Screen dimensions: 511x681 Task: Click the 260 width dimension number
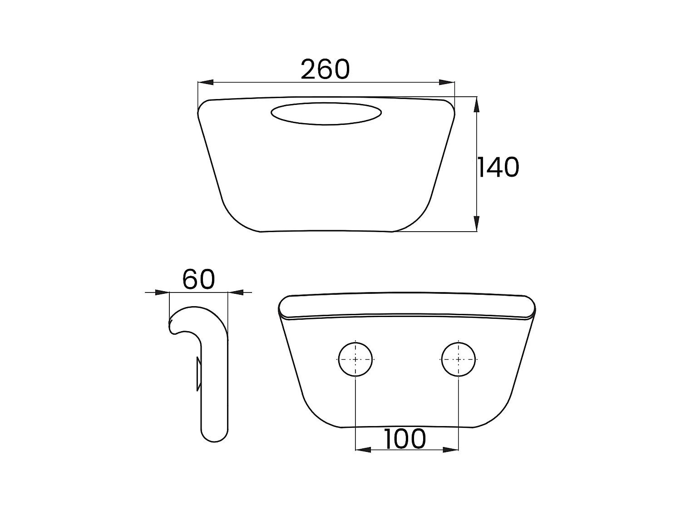coord(325,69)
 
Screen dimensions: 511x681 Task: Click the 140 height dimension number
coord(498,167)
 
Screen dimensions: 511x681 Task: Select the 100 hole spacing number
coord(405,439)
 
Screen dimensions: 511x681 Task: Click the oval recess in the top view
coord(326,114)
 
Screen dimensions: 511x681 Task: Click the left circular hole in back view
coord(355,359)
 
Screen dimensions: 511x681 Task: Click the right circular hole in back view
coord(459,359)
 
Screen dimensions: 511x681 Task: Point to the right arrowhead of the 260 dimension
coord(447,82)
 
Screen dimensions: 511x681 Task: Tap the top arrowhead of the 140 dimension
coord(476,104)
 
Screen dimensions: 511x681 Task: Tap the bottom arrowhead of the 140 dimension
coord(476,224)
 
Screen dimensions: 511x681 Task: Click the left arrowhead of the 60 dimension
coord(162,292)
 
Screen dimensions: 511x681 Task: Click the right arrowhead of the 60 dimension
coord(235,292)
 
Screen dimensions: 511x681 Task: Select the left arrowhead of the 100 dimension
coord(363,450)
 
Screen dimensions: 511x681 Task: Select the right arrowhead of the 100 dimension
coord(451,450)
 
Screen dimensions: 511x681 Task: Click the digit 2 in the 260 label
coord(309,69)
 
